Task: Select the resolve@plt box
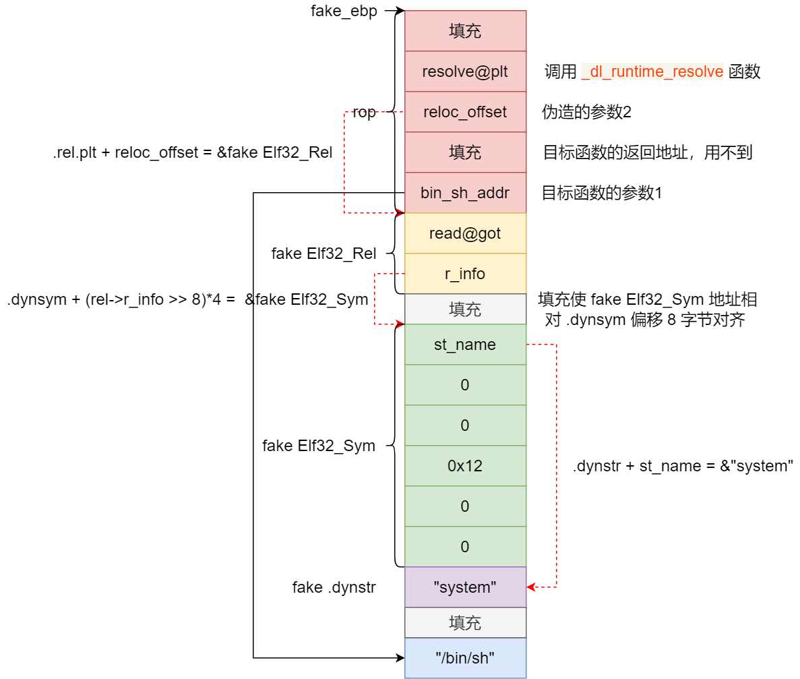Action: pyautogui.click(x=465, y=71)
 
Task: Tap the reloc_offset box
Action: pyautogui.click(x=465, y=112)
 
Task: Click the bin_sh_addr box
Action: pyautogui.click(x=465, y=193)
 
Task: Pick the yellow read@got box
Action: pyautogui.click(x=465, y=233)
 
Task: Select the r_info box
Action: pyautogui.click(x=465, y=274)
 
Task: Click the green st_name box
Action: pyautogui.click(x=465, y=345)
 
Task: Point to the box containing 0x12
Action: pyautogui.click(x=465, y=466)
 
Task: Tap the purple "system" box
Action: pyautogui.click(x=465, y=587)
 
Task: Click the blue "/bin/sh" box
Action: pyautogui.click(x=465, y=658)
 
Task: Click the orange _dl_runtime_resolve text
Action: pyautogui.click(x=652, y=71)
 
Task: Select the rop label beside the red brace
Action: pyautogui.click(x=364, y=113)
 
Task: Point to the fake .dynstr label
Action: pyautogui.click(x=334, y=587)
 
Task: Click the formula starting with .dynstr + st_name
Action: pyautogui.click(x=683, y=466)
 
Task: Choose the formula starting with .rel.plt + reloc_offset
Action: pyautogui.click(x=193, y=152)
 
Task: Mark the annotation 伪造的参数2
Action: pyautogui.click(x=586, y=113)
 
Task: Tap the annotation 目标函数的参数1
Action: pyautogui.click(x=602, y=193)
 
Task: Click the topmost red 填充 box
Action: pyautogui.click(x=465, y=31)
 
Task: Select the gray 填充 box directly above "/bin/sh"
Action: pyautogui.click(x=465, y=622)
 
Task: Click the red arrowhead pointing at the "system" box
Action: pyautogui.click(x=531, y=587)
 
